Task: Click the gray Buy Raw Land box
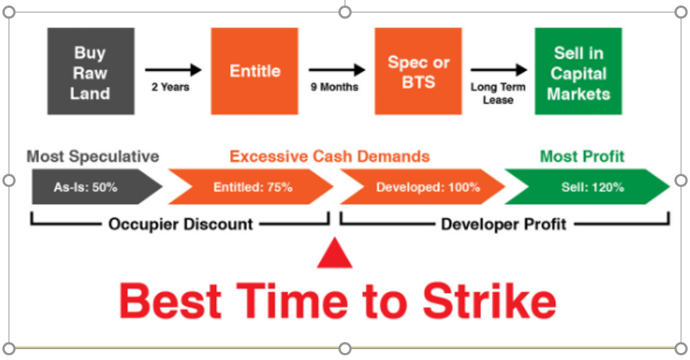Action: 91,71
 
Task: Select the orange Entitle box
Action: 255,71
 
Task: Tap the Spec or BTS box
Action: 419,71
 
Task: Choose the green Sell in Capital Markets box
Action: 579,71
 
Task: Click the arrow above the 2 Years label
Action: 173,69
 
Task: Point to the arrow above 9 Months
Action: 337,69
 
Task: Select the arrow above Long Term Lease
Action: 499,69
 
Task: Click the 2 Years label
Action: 170,87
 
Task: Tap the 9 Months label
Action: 334,87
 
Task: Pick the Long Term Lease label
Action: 498,94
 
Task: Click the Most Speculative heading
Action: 93,157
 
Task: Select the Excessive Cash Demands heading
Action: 330,157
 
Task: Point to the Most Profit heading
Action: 582,157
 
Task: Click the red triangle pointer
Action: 334,256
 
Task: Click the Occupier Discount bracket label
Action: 181,224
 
